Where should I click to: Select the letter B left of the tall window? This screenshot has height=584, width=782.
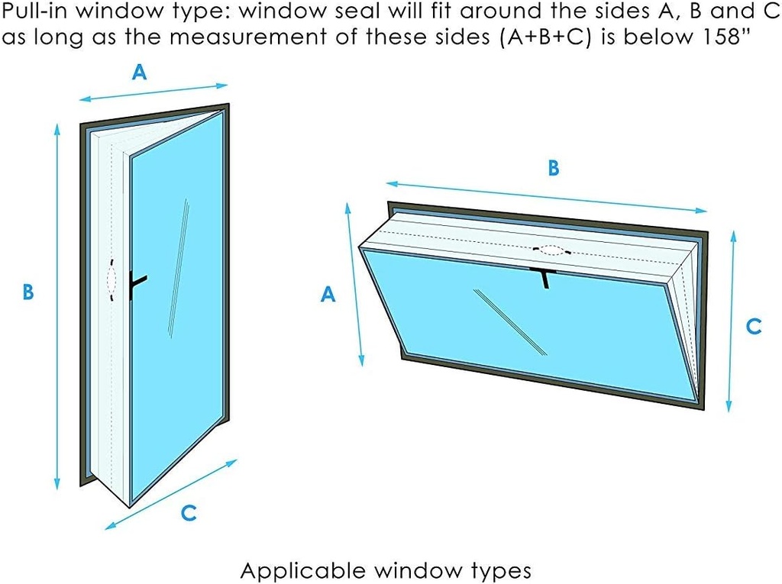click(x=28, y=292)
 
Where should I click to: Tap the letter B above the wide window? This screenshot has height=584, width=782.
click(x=554, y=169)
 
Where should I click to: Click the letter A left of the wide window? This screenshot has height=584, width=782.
click(x=328, y=295)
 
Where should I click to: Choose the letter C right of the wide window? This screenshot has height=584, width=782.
click(x=753, y=326)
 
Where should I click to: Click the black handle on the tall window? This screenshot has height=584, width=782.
click(x=137, y=283)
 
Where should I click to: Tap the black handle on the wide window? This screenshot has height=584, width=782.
click(x=544, y=277)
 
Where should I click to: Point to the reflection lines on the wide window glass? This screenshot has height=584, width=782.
click(x=510, y=321)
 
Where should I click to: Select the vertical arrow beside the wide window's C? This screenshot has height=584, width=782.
click(x=732, y=321)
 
